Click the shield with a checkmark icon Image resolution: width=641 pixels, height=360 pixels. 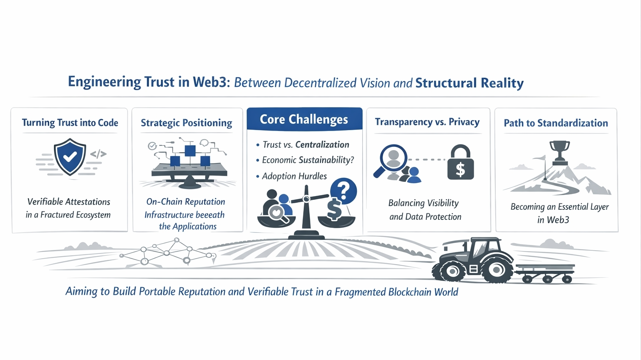(x=70, y=157)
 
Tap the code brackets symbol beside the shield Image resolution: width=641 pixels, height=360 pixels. (x=98, y=154)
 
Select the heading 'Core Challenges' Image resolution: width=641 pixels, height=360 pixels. (x=304, y=120)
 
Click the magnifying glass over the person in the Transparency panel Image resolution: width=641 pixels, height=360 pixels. (x=392, y=159)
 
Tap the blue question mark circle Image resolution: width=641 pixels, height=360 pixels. (x=343, y=191)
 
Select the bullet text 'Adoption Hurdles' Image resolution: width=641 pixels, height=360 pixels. (x=294, y=176)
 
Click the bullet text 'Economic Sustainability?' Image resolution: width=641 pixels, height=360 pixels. (x=308, y=160)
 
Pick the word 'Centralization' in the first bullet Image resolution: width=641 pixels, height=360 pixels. (x=322, y=145)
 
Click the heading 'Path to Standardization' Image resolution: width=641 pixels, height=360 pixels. (x=555, y=123)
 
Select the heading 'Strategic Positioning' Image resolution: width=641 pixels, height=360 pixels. (x=187, y=123)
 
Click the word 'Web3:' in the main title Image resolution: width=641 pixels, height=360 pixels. (x=211, y=82)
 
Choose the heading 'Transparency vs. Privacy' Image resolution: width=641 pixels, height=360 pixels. (x=427, y=122)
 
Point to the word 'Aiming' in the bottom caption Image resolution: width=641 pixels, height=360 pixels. (x=81, y=291)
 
